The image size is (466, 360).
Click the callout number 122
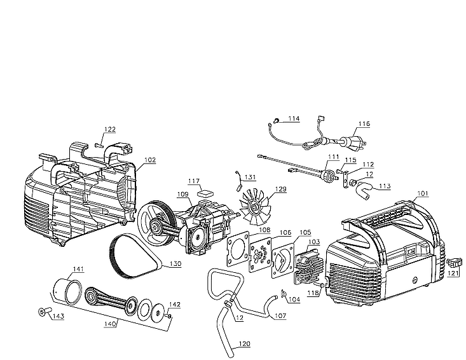click(110, 129)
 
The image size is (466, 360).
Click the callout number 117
click(194, 181)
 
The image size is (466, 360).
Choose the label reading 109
click(182, 194)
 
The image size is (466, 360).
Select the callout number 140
click(111, 323)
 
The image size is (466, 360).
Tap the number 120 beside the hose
click(244, 343)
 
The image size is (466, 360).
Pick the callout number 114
click(293, 118)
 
